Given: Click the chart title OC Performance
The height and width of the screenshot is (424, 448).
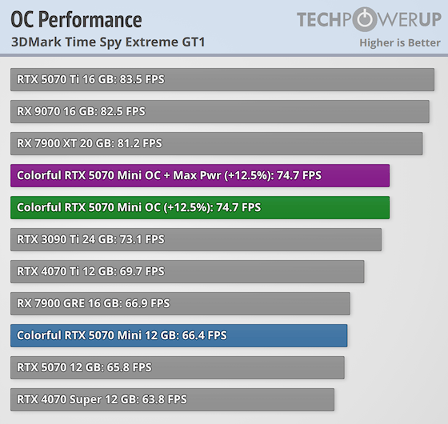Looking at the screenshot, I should [x=77, y=19].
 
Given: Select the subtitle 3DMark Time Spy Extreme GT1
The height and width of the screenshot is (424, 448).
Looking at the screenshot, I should [x=108, y=42].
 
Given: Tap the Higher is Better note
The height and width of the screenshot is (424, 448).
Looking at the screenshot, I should [x=400, y=42].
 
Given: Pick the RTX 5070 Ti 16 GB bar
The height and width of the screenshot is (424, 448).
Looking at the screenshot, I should [x=222, y=80].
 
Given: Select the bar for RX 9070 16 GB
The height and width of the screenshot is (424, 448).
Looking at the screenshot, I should [x=220, y=112].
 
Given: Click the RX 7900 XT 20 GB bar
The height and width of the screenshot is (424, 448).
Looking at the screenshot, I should [x=216, y=144].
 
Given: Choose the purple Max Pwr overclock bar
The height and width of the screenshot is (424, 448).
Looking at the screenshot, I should [x=200, y=176].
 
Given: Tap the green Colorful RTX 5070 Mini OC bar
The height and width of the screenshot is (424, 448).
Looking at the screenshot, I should [x=200, y=208].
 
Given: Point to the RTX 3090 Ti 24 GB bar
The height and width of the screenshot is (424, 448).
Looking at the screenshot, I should [x=196, y=240].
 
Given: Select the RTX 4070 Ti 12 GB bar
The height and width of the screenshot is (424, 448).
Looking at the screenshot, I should [x=187, y=272].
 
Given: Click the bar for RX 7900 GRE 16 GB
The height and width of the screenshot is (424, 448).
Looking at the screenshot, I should [x=180, y=304].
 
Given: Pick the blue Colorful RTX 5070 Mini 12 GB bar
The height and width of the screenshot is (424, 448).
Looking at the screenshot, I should [x=178, y=336].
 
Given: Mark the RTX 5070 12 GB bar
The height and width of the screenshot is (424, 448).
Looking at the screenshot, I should [x=178, y=368].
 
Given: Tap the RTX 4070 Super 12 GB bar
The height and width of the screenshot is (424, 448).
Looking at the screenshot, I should [x=172, y=400].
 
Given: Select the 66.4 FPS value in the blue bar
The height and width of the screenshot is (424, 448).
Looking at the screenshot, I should [x=205, y=336].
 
